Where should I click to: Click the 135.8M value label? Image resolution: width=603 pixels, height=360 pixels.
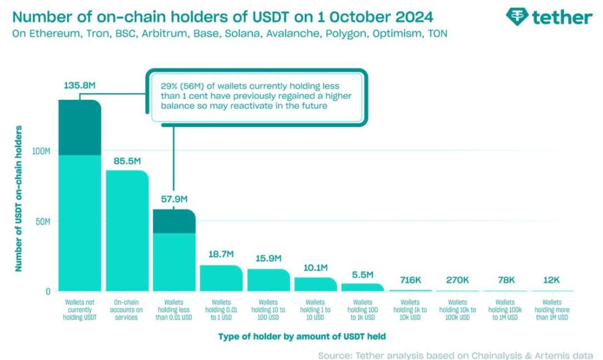point(79,87)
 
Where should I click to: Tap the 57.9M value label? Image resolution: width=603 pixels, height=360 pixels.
point(174,199)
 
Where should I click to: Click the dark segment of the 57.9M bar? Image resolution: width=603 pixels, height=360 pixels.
point(174,222)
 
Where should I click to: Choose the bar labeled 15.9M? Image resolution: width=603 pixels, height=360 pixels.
point(269,280)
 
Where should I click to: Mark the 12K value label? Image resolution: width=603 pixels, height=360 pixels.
point(550,280)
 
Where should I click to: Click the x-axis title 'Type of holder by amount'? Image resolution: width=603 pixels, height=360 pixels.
point(301,336)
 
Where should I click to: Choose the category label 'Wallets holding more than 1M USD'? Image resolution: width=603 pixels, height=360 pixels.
point(551,309)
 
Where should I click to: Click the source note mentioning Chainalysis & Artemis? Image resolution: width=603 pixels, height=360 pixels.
point(456,355)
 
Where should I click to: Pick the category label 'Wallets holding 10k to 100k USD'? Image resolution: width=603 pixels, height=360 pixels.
point(457,309)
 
